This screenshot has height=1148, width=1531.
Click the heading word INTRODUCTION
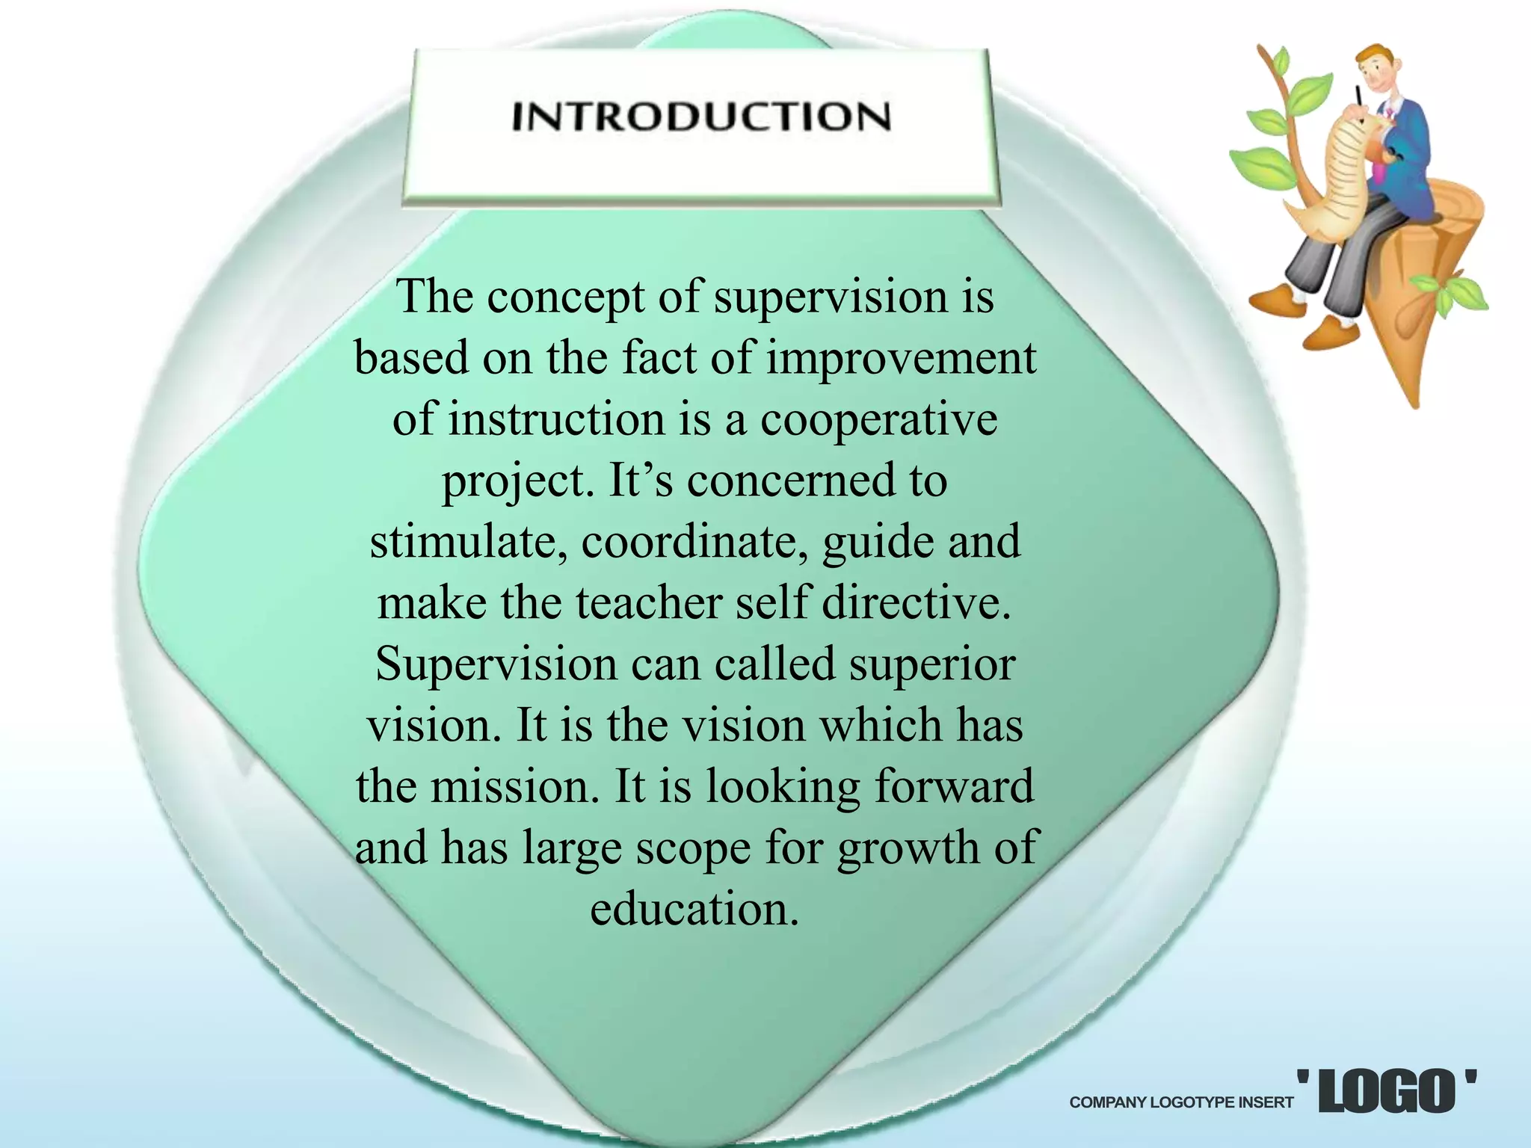(701, 117)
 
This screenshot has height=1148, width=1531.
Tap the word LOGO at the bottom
(1387, 1092)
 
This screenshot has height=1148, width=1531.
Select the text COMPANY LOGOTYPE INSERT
(1181, 1102)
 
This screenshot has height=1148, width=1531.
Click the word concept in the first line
(565, 298)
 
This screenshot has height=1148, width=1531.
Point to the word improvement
(902, 358)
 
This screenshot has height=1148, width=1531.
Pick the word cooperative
(878, 419)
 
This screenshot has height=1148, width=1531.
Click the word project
(514, 482)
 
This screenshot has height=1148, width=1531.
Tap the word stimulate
(469, 542)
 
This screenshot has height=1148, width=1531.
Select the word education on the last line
(694, 910)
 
